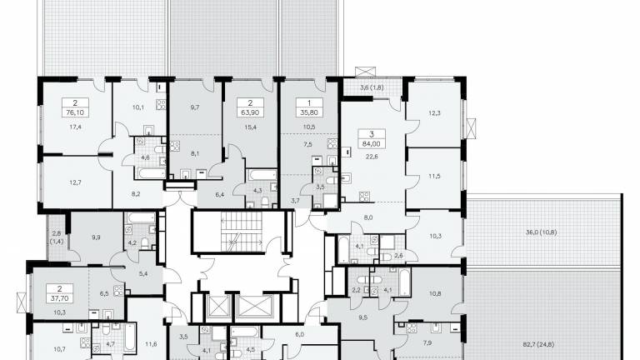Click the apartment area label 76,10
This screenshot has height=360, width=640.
click(75, 112)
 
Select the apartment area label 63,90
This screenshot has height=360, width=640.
click(250, 112)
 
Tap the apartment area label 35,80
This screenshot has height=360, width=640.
click(309, 112)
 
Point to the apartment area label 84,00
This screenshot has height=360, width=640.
click(371, 143)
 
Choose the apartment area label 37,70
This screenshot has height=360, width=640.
click(60, 298)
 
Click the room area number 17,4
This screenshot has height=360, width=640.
click(75, 127)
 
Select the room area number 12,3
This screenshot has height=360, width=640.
click(434, 113)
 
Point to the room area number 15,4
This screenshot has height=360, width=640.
click(250, 127)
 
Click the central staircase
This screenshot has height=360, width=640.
click(242, 232)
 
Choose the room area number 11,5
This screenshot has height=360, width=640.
click(434, 176)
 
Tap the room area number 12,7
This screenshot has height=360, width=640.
click(75, 182)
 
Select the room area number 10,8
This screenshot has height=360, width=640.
click(434, 293)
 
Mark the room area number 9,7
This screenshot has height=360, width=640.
click(195, 107)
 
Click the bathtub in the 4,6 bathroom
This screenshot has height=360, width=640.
click(150, 172)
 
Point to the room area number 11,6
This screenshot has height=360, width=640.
click(151, 344)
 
